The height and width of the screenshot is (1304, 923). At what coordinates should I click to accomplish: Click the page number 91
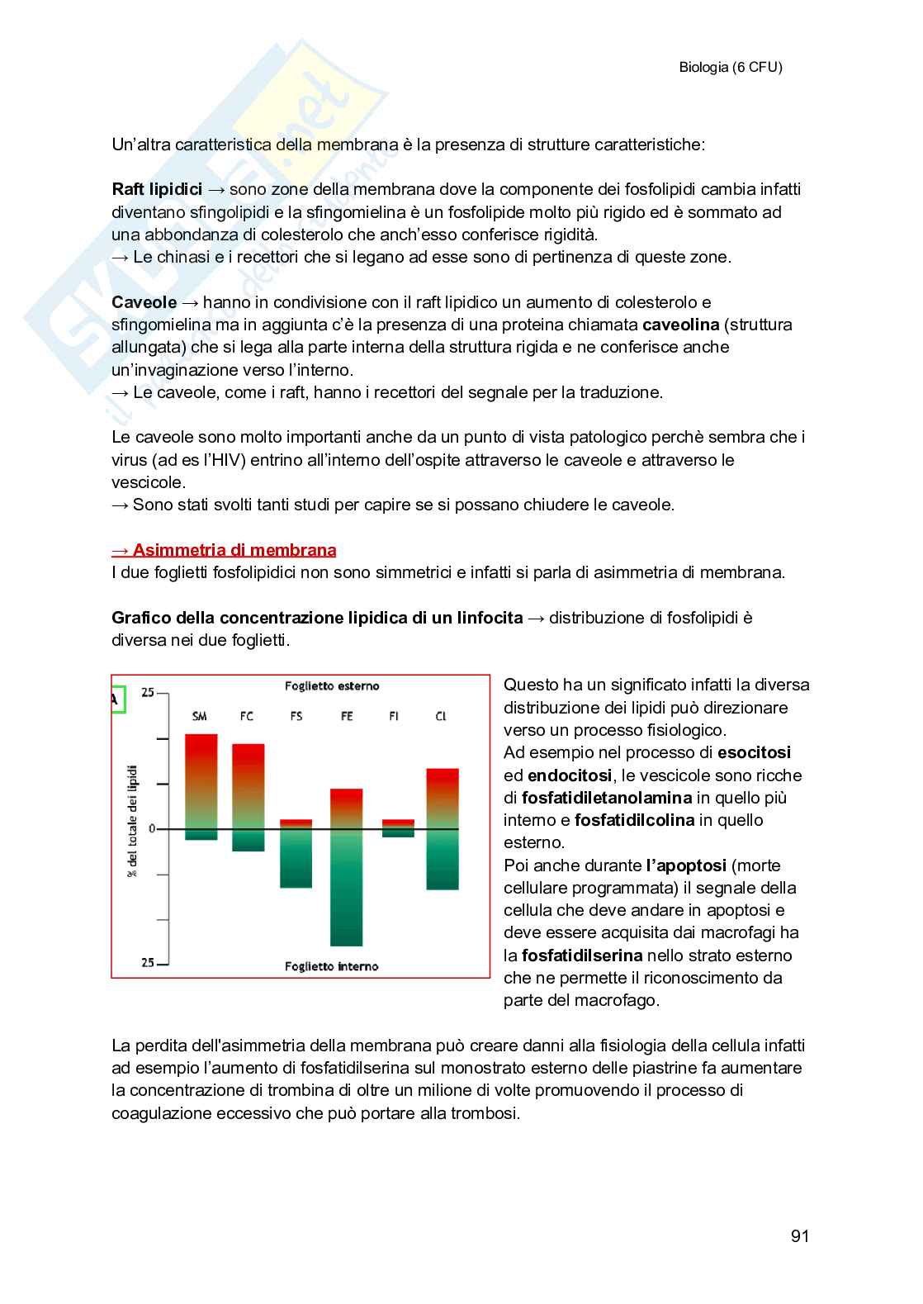[x=799, y=1236]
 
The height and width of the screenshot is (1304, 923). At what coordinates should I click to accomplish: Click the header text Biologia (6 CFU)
[x=730, y=68]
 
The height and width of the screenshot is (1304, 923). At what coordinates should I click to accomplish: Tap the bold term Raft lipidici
[x=157, y=189]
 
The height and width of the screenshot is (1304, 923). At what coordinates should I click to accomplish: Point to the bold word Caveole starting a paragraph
[x=144, y=302]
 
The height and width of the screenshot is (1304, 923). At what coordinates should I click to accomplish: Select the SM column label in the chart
[x=199, y=716]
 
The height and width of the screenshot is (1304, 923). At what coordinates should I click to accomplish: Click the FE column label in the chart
[x=346, y=716]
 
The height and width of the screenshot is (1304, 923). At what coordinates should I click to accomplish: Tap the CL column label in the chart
[x=440, y=716]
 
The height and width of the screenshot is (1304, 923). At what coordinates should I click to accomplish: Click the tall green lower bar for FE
[x=346, y=892]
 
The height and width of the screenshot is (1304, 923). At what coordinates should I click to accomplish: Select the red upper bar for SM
[x=201, y=768]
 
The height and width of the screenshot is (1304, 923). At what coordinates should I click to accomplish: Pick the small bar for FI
[x=398, y=827]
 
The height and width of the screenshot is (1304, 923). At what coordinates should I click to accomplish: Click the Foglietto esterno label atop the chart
[x=332, y=685]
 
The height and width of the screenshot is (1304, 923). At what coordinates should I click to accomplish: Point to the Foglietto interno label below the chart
[x=332, y=966]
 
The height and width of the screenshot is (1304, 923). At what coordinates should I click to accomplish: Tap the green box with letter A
[x=116, y=700]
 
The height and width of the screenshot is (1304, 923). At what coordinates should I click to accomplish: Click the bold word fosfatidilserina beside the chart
[x=582, y=955]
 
